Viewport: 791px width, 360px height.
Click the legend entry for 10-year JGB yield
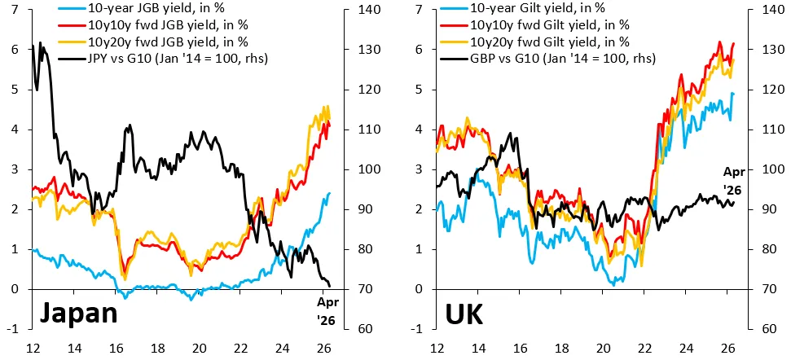(136, 8)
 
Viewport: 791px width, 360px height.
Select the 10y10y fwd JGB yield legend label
(152, 24)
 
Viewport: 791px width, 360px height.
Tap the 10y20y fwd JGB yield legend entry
(152, 42)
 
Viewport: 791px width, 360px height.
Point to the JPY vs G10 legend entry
(162, 59)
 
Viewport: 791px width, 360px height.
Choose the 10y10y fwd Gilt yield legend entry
(537, 24)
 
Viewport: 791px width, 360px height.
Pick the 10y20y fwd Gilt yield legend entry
(537, 42)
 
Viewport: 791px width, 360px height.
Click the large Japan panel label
(78, 314)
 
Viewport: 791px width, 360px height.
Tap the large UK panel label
(464, 314)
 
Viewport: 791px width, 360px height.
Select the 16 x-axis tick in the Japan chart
(116, 348)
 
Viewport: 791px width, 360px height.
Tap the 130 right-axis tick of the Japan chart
(366, 50)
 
